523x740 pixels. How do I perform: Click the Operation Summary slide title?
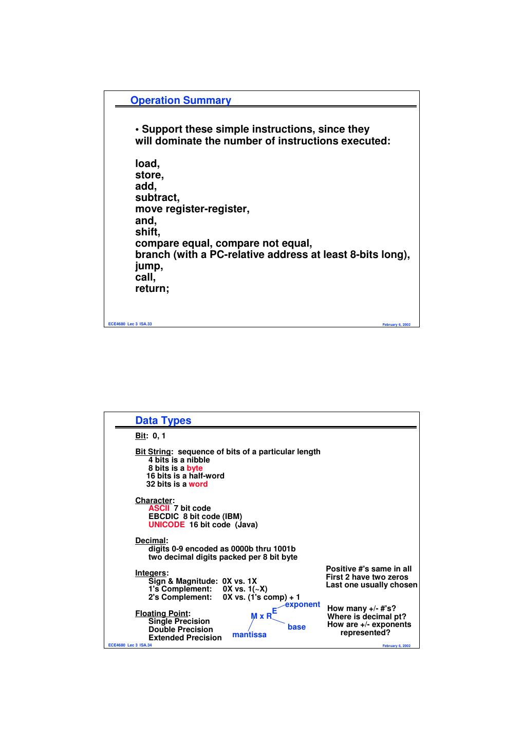(180, 101)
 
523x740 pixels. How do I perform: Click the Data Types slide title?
(163, 421)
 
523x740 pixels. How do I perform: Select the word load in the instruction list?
(146, 164)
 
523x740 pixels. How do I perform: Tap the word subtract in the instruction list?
(156, 198)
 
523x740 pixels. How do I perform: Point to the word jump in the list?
(148, 266)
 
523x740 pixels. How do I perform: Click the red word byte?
(195, 468)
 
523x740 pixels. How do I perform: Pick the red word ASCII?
(159, 508)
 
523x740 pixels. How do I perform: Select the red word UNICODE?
(166, 525)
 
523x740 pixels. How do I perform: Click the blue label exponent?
(303, 604)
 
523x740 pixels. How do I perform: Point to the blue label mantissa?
(249, 635)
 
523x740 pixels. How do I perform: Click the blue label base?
(296, 627)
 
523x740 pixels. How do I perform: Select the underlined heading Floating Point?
(161, 614)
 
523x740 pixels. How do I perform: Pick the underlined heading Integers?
(151, 573)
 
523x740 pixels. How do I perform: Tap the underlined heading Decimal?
(151, 541)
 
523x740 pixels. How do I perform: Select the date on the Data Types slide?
(396, 646)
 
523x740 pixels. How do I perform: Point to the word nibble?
(198, 460)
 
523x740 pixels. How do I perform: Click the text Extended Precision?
(185, 638)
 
